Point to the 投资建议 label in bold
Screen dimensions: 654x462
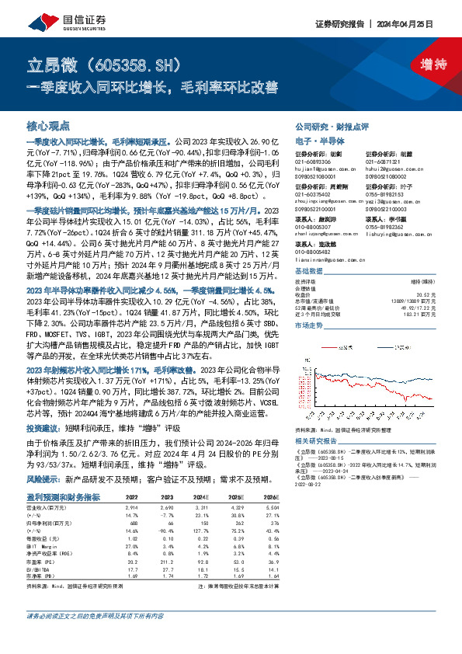42,429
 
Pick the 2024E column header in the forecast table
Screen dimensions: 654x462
201,497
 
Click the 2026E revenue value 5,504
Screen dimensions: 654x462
269,506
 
